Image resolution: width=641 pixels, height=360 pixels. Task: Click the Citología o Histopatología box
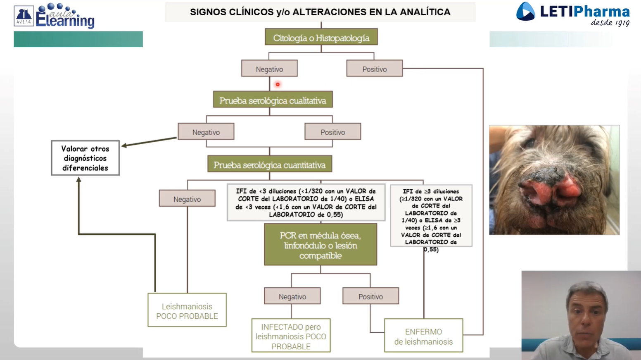(321, 37)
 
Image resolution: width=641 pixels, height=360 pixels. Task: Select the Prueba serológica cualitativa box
(273, 99)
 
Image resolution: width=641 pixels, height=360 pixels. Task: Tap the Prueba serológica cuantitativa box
(270, 164)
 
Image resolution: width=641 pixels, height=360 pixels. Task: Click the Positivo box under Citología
(375, 68)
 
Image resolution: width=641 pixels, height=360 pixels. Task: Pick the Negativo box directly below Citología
(270, 68)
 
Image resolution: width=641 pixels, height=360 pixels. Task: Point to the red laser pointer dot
(278, 84)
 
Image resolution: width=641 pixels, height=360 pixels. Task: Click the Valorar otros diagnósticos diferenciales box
(85, 158)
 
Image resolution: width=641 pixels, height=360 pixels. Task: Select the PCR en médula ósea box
(320, 244)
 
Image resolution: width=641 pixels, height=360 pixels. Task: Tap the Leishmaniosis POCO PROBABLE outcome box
(187, 310)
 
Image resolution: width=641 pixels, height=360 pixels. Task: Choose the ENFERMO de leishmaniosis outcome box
(423, 335)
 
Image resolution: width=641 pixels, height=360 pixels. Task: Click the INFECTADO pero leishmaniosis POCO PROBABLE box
(291, 335)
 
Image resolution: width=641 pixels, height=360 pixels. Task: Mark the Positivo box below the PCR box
(370, 296)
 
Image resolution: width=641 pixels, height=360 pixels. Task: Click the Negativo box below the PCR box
(292, 296)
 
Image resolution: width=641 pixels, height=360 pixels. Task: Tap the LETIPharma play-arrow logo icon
(526, 12)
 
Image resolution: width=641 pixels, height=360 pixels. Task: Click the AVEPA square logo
(24, 16)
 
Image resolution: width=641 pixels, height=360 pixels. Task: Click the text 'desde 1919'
(610, 23)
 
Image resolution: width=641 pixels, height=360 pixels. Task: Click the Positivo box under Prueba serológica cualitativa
(333, 131)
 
